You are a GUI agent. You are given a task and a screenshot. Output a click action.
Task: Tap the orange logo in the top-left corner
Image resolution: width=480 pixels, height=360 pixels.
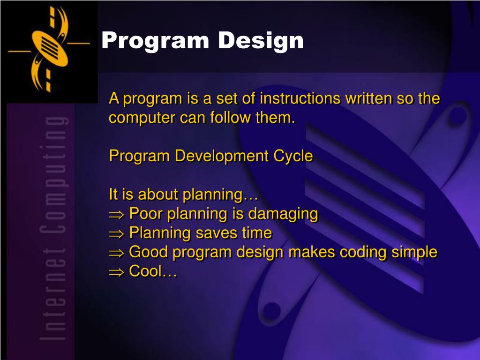coord(49,49)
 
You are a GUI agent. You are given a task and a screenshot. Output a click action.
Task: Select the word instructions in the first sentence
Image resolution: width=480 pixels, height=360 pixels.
coord(300,98)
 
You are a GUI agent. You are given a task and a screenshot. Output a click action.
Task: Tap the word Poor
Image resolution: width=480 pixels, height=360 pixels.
coord(146,213)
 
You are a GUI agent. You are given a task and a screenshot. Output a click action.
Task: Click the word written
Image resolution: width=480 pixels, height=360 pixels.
coord(369,98)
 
